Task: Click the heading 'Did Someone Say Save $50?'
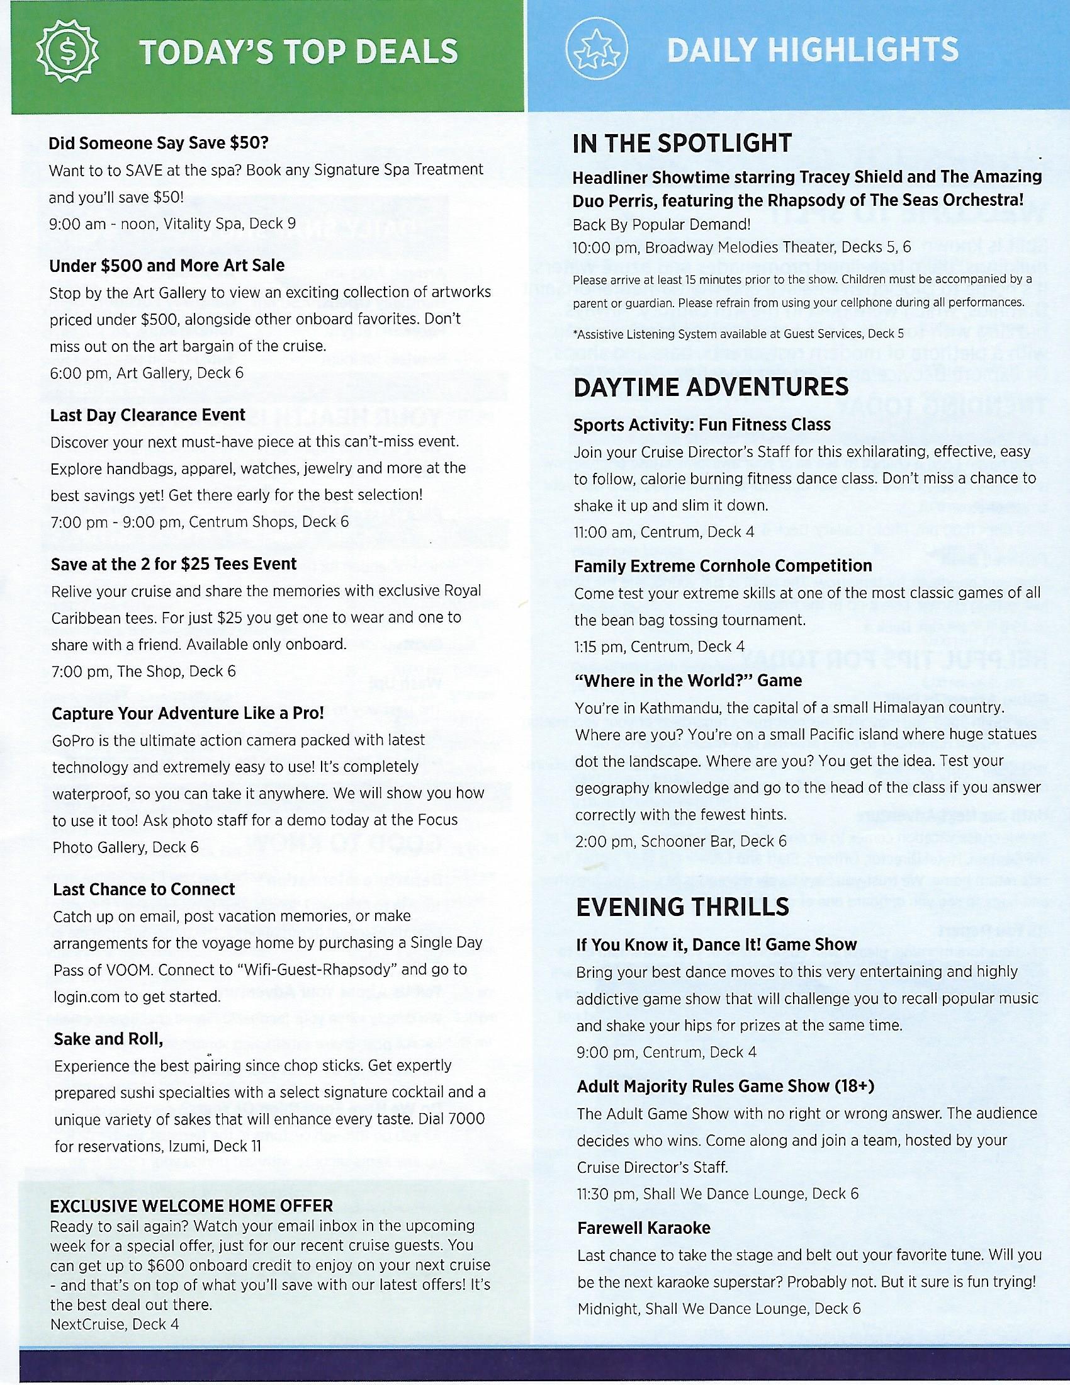pyautogui.click(x=159, y=143)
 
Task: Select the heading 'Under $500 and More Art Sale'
pyautogui.click(x=167, y=265)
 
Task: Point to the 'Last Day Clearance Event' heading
pyautogui.click(x=148, y=415)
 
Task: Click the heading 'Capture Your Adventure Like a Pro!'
pyautogui.click(x=188, y=713)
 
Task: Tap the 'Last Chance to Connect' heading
pyautogui.click(x=144, y=889)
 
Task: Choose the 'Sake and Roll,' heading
pyautogui.click(x=108, y=1039)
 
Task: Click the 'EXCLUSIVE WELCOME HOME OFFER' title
pyautogui.click(x=191, y=1205)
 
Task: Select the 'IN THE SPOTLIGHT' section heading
pyautogui.click(x=682, y=144)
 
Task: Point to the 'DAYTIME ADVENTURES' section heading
pyautogui.click(x=711, y=387)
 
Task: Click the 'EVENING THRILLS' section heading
pyautogui.click(x=683, y=907)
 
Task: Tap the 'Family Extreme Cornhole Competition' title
pyautogui.click(x=723, y=565)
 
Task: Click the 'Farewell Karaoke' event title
pyautogui.click(x=643, y=1228)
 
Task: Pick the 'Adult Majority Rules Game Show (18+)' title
pyautogui.click(x=725, y=1087)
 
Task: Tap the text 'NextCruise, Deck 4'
pyautogui.click(x=114, y=1323)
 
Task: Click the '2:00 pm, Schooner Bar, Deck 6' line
pyautogui.click(x=681, y=841)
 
